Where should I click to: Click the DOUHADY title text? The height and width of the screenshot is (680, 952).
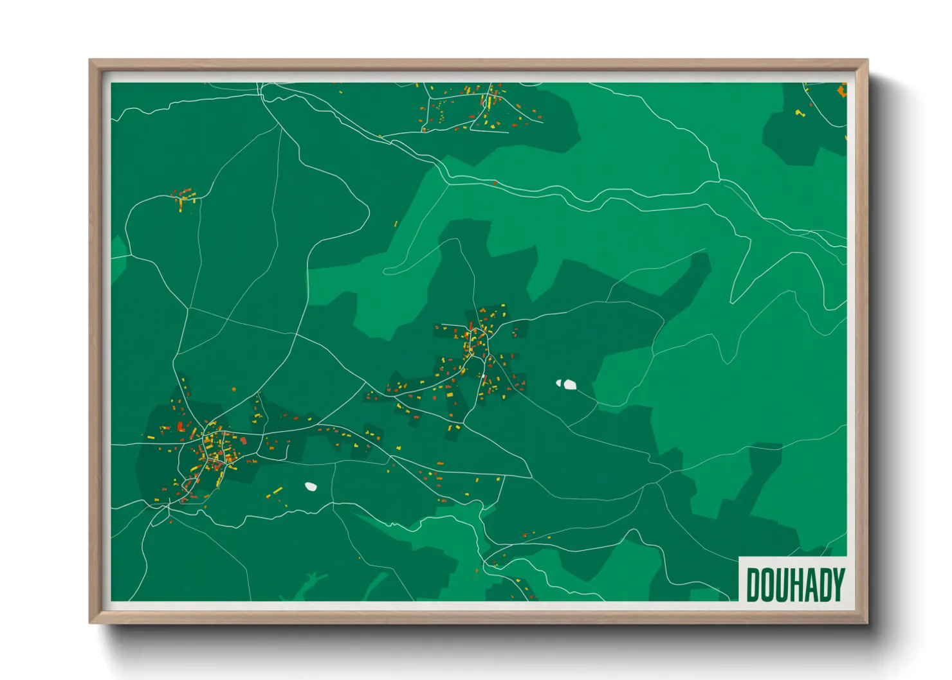click(795, 585)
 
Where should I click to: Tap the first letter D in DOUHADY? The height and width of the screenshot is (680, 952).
click(753, 585)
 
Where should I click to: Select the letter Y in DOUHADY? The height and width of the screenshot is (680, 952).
click(838, 585)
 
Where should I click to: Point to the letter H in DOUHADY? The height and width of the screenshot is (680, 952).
click(796, 585)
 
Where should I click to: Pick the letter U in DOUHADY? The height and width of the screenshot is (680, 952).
click(782, 585)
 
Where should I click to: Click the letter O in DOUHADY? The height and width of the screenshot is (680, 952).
click(767, 585)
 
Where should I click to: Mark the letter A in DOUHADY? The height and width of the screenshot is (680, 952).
click(810, 585)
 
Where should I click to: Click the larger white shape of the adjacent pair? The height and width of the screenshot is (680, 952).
click(569, 384)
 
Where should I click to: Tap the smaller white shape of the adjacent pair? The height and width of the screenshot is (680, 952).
click(558, 383)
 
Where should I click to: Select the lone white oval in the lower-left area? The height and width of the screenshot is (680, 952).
click(311, 487)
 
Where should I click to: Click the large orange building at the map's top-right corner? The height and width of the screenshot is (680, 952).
click(841, 91)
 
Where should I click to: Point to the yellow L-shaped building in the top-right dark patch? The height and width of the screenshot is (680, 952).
click(800, 113)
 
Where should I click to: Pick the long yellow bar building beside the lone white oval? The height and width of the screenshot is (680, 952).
click(277, 491)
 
